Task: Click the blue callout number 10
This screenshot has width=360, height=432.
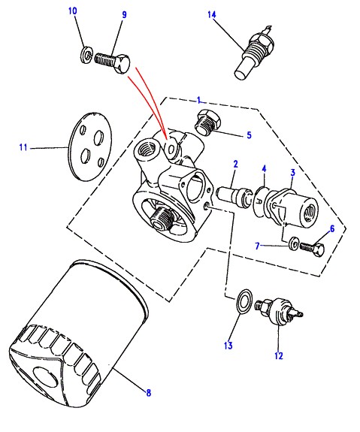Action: point(72,11)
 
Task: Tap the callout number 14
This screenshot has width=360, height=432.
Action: point(212,14)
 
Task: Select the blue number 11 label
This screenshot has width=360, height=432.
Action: point(23,147)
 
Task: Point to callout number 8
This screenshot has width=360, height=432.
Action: point(149,393)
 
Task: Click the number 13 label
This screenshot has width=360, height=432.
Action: point(228,345)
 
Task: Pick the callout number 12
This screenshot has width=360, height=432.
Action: point(279,355)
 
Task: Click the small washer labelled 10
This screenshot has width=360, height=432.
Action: point(86,55)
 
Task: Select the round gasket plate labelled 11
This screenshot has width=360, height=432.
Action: point(90,147)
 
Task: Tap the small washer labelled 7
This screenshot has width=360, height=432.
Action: point(294,243)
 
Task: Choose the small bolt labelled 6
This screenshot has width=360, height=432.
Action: point(312,249)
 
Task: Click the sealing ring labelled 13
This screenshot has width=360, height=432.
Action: point(244,301)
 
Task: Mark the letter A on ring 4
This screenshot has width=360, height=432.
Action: point(259,201)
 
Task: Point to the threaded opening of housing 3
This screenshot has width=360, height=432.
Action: point(310,213)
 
